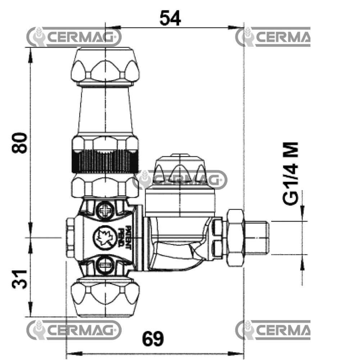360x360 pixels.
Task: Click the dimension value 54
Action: coord(170,18)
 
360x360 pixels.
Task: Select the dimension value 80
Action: coord(19,143)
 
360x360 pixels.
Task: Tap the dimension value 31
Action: coord(19,279)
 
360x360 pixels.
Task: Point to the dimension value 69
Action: coord(153,338)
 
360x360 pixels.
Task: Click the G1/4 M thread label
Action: coord(291,174)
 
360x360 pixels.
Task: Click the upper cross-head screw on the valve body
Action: coord(105,210)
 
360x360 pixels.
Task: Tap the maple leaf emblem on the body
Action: coord(103,237)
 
